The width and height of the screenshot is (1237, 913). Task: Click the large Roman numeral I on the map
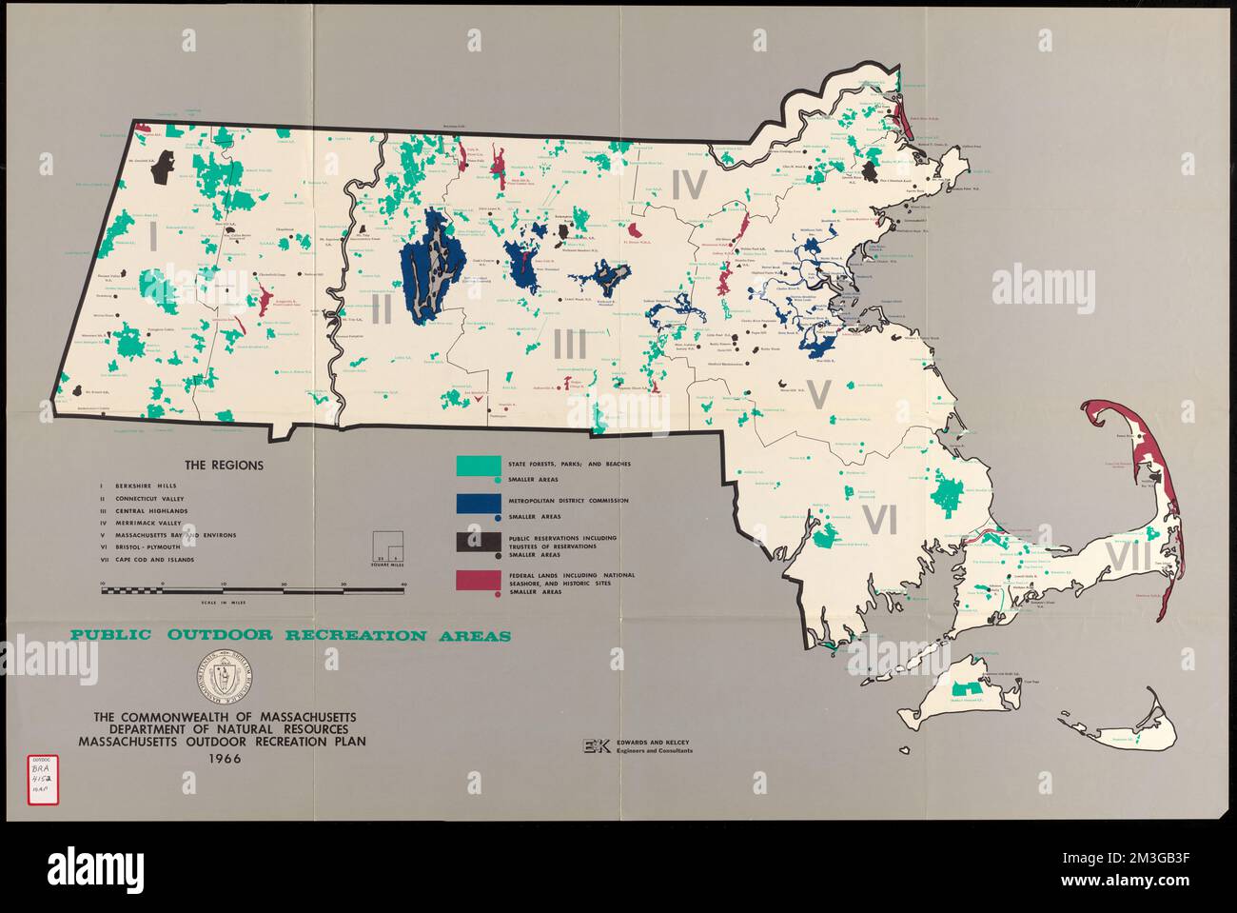coord(152,235)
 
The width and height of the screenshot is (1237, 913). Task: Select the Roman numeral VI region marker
coord(881,520)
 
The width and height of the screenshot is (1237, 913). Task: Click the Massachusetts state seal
coord(226,678)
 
